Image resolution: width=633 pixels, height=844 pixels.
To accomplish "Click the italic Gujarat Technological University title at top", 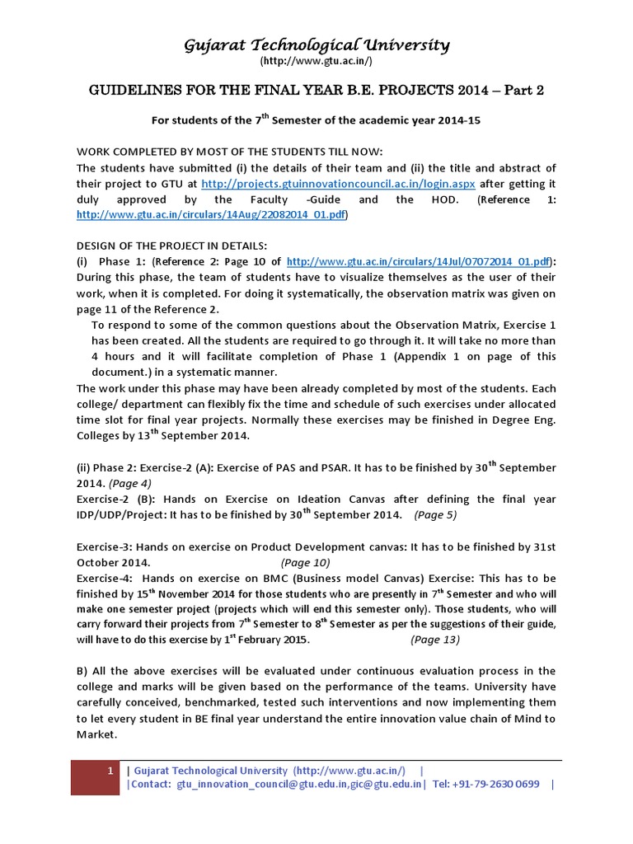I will click(316, 45).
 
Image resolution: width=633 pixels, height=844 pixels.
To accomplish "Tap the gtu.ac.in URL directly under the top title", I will click(316, 62).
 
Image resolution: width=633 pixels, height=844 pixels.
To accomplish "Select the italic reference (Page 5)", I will click(434, 515).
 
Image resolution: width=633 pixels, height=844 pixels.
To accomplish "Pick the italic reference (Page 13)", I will click(435, 640).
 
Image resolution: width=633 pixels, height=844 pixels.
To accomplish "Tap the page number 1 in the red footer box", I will click(110, 770).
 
